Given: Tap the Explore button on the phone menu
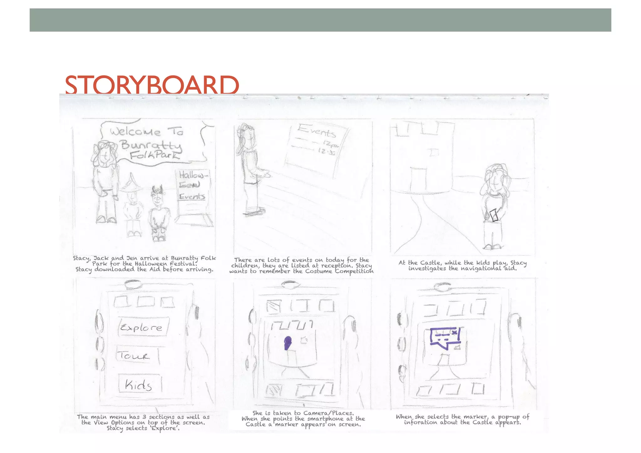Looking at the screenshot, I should (142, 327).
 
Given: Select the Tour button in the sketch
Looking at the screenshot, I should (135, 356).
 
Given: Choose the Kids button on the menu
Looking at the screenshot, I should (139, 384).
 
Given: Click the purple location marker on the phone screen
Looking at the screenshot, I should (287, 343).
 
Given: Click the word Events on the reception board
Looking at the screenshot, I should (317, 131).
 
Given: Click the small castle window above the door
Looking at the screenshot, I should (434, 152).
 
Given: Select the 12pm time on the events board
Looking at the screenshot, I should (331, 144).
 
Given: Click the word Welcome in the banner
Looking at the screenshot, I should (135, 132).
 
